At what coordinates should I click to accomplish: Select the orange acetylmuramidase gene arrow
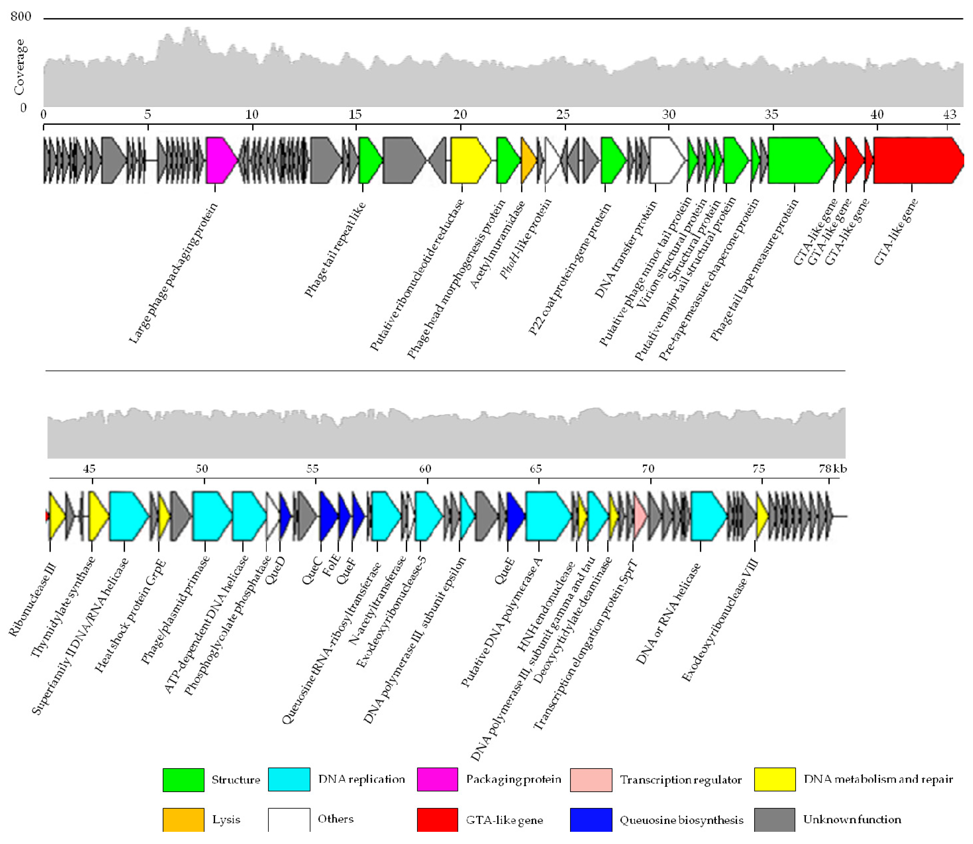(527, 160)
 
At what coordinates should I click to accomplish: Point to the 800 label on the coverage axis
(21, 17)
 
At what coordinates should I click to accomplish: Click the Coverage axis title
(19, 67)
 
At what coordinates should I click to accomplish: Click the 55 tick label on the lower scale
(312, 469)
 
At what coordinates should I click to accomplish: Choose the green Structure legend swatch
(183, 779)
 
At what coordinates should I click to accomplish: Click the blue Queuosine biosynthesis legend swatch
(590, 820)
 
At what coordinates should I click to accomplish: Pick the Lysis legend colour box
(183, 820)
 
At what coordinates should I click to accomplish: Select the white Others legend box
(289, 820)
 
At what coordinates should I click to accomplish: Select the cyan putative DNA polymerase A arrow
(547, 516)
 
